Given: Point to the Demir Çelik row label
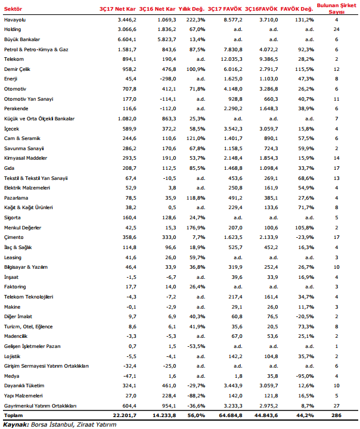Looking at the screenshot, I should pyautogui.click(x=18, y=69).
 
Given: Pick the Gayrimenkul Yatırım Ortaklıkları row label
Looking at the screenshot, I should pyautogui.click(x=40, y=405).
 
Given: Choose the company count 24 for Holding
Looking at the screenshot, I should pyautogui.click(x=337, y=29).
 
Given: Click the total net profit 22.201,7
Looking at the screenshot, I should pyautogui.click(x=122, y=415).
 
